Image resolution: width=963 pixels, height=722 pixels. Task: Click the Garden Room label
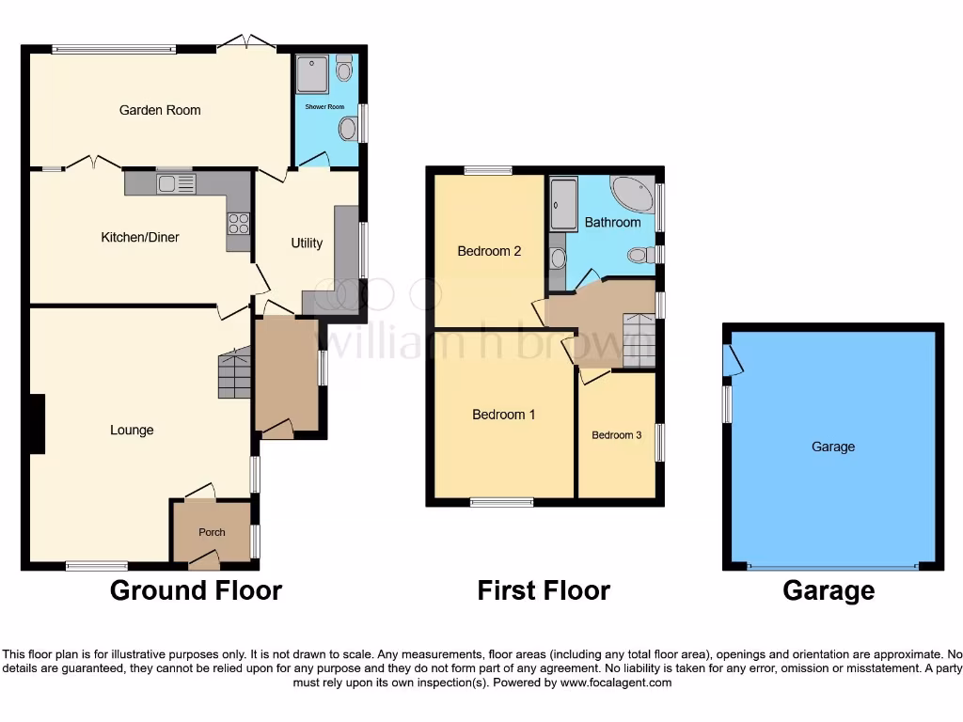pyautogui.click(x=160, y=110)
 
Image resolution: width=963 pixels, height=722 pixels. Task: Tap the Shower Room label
pyautogui.click(x=324, y=106)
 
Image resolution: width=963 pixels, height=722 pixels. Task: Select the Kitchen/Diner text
pyautogui.click(x=140, y=237)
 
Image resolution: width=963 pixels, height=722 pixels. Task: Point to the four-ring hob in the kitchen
pyautogui.click(x=238, y=223)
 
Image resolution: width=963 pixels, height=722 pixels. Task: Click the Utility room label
pyautogui.click(x=307, y=243)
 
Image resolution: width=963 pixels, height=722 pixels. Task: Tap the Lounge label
pyautogui.click(x=132, y=430)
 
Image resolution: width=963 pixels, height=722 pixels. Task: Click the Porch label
pyautogui.click(x=212, y=532)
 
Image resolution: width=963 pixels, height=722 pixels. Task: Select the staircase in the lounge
pyautogui.click(x=234, y=373)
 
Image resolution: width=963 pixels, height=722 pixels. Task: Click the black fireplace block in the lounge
pyautogui.click(x=37, y=424)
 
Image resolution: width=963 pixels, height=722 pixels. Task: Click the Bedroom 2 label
pyautogui.click(x=489, y=251)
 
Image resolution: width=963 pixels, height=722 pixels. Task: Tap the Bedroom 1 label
pyautogui.click(x=504, y=414)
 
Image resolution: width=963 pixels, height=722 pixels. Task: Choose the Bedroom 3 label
pyautogui.click(x=616, y=434)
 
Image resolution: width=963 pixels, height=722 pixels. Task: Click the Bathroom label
pyautogui.click(x=612, y=223)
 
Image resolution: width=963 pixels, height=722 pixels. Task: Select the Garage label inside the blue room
pyautogui.click(x=833, y=447)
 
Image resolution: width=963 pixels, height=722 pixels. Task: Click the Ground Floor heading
pyautogui.click(x=196, y=590)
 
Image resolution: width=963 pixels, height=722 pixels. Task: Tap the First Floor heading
pyautogui.click(x=544, y=590)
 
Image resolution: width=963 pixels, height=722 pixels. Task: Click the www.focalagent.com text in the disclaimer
pyautogui.click(x=615, y=683)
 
